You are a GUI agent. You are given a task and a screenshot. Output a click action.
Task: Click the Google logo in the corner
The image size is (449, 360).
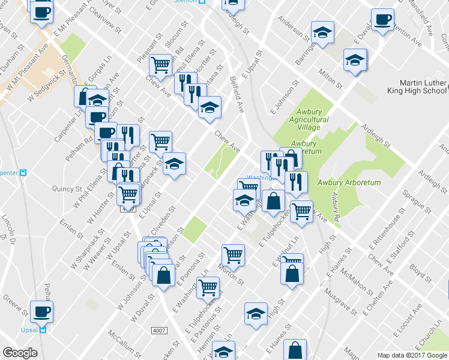pyautogui.click(x=20, y=353)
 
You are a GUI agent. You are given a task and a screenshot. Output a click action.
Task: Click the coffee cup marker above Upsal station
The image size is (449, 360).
pyautogui.click(x=42, y=311)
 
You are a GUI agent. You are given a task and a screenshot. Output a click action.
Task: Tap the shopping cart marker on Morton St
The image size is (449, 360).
pyautogui.click(x=233, y=254)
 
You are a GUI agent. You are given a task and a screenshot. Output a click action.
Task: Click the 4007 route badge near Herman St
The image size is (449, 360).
pyautogui.click(x=158, y=330)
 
